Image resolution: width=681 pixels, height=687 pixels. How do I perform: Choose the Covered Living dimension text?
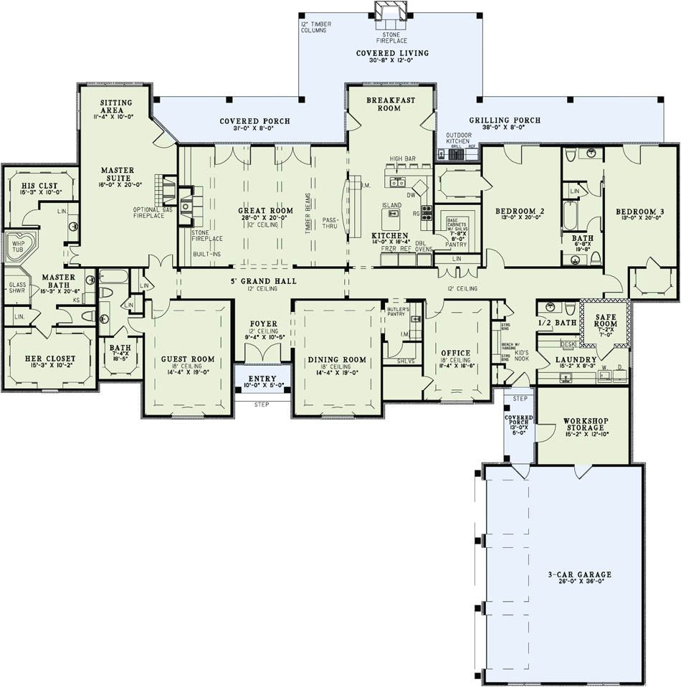[x=392, y=61]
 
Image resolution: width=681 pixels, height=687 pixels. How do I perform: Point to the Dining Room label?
[x=336, y=359]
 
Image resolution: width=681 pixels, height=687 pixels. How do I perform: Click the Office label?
[x=455, y=353]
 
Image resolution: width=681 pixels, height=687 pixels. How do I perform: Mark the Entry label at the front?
[x=262, y=378]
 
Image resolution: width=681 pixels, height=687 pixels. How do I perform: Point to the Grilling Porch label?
[x=505, y=120]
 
